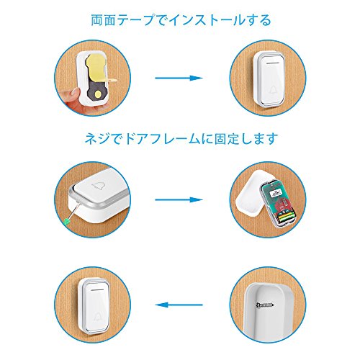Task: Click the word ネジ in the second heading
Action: [x=98, y=139]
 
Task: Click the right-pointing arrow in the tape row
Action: [x=179, y=78]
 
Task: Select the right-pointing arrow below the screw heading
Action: [x=179, y=199]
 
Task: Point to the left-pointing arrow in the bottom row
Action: [x=179, y=305]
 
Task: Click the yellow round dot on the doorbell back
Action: [x=99, y=94]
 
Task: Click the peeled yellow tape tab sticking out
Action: [x=111, y=80]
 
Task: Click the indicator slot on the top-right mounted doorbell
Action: [x=273, y=63]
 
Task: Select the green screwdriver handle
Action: [x=67, y=222]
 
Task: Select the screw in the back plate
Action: [x=265, y=305]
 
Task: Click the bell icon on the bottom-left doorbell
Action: [x=98, y=317]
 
